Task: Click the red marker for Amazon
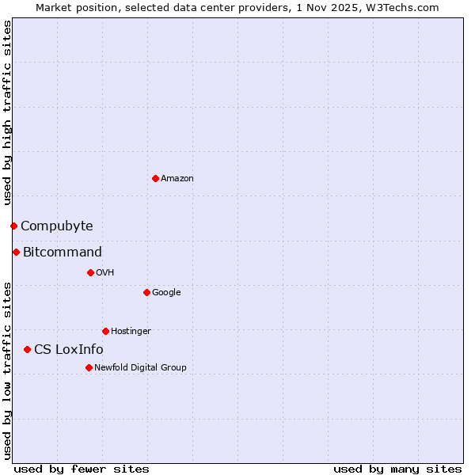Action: point(155,178)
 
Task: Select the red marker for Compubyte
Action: point(13,226)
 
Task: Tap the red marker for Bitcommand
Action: point(16,252)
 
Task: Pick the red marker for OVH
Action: point(90,272)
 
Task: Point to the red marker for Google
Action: point(146,292)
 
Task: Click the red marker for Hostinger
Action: point(105,331)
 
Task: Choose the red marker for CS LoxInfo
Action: point(27,349)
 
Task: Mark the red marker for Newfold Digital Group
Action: point(89,367)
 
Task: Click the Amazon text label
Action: point(177,179)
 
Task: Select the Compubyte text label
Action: point(57,226)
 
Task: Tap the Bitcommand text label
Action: point(63,253)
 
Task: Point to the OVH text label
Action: point(105,273)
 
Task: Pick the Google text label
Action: point(166,293)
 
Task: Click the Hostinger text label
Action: point(131,332)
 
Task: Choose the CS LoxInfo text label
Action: point(69,350)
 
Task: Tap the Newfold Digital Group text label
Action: point(140,368)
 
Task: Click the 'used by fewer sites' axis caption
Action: point(82,469)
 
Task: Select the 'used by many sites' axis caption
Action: point(397,469)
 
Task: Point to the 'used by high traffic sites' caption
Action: point(7,113)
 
